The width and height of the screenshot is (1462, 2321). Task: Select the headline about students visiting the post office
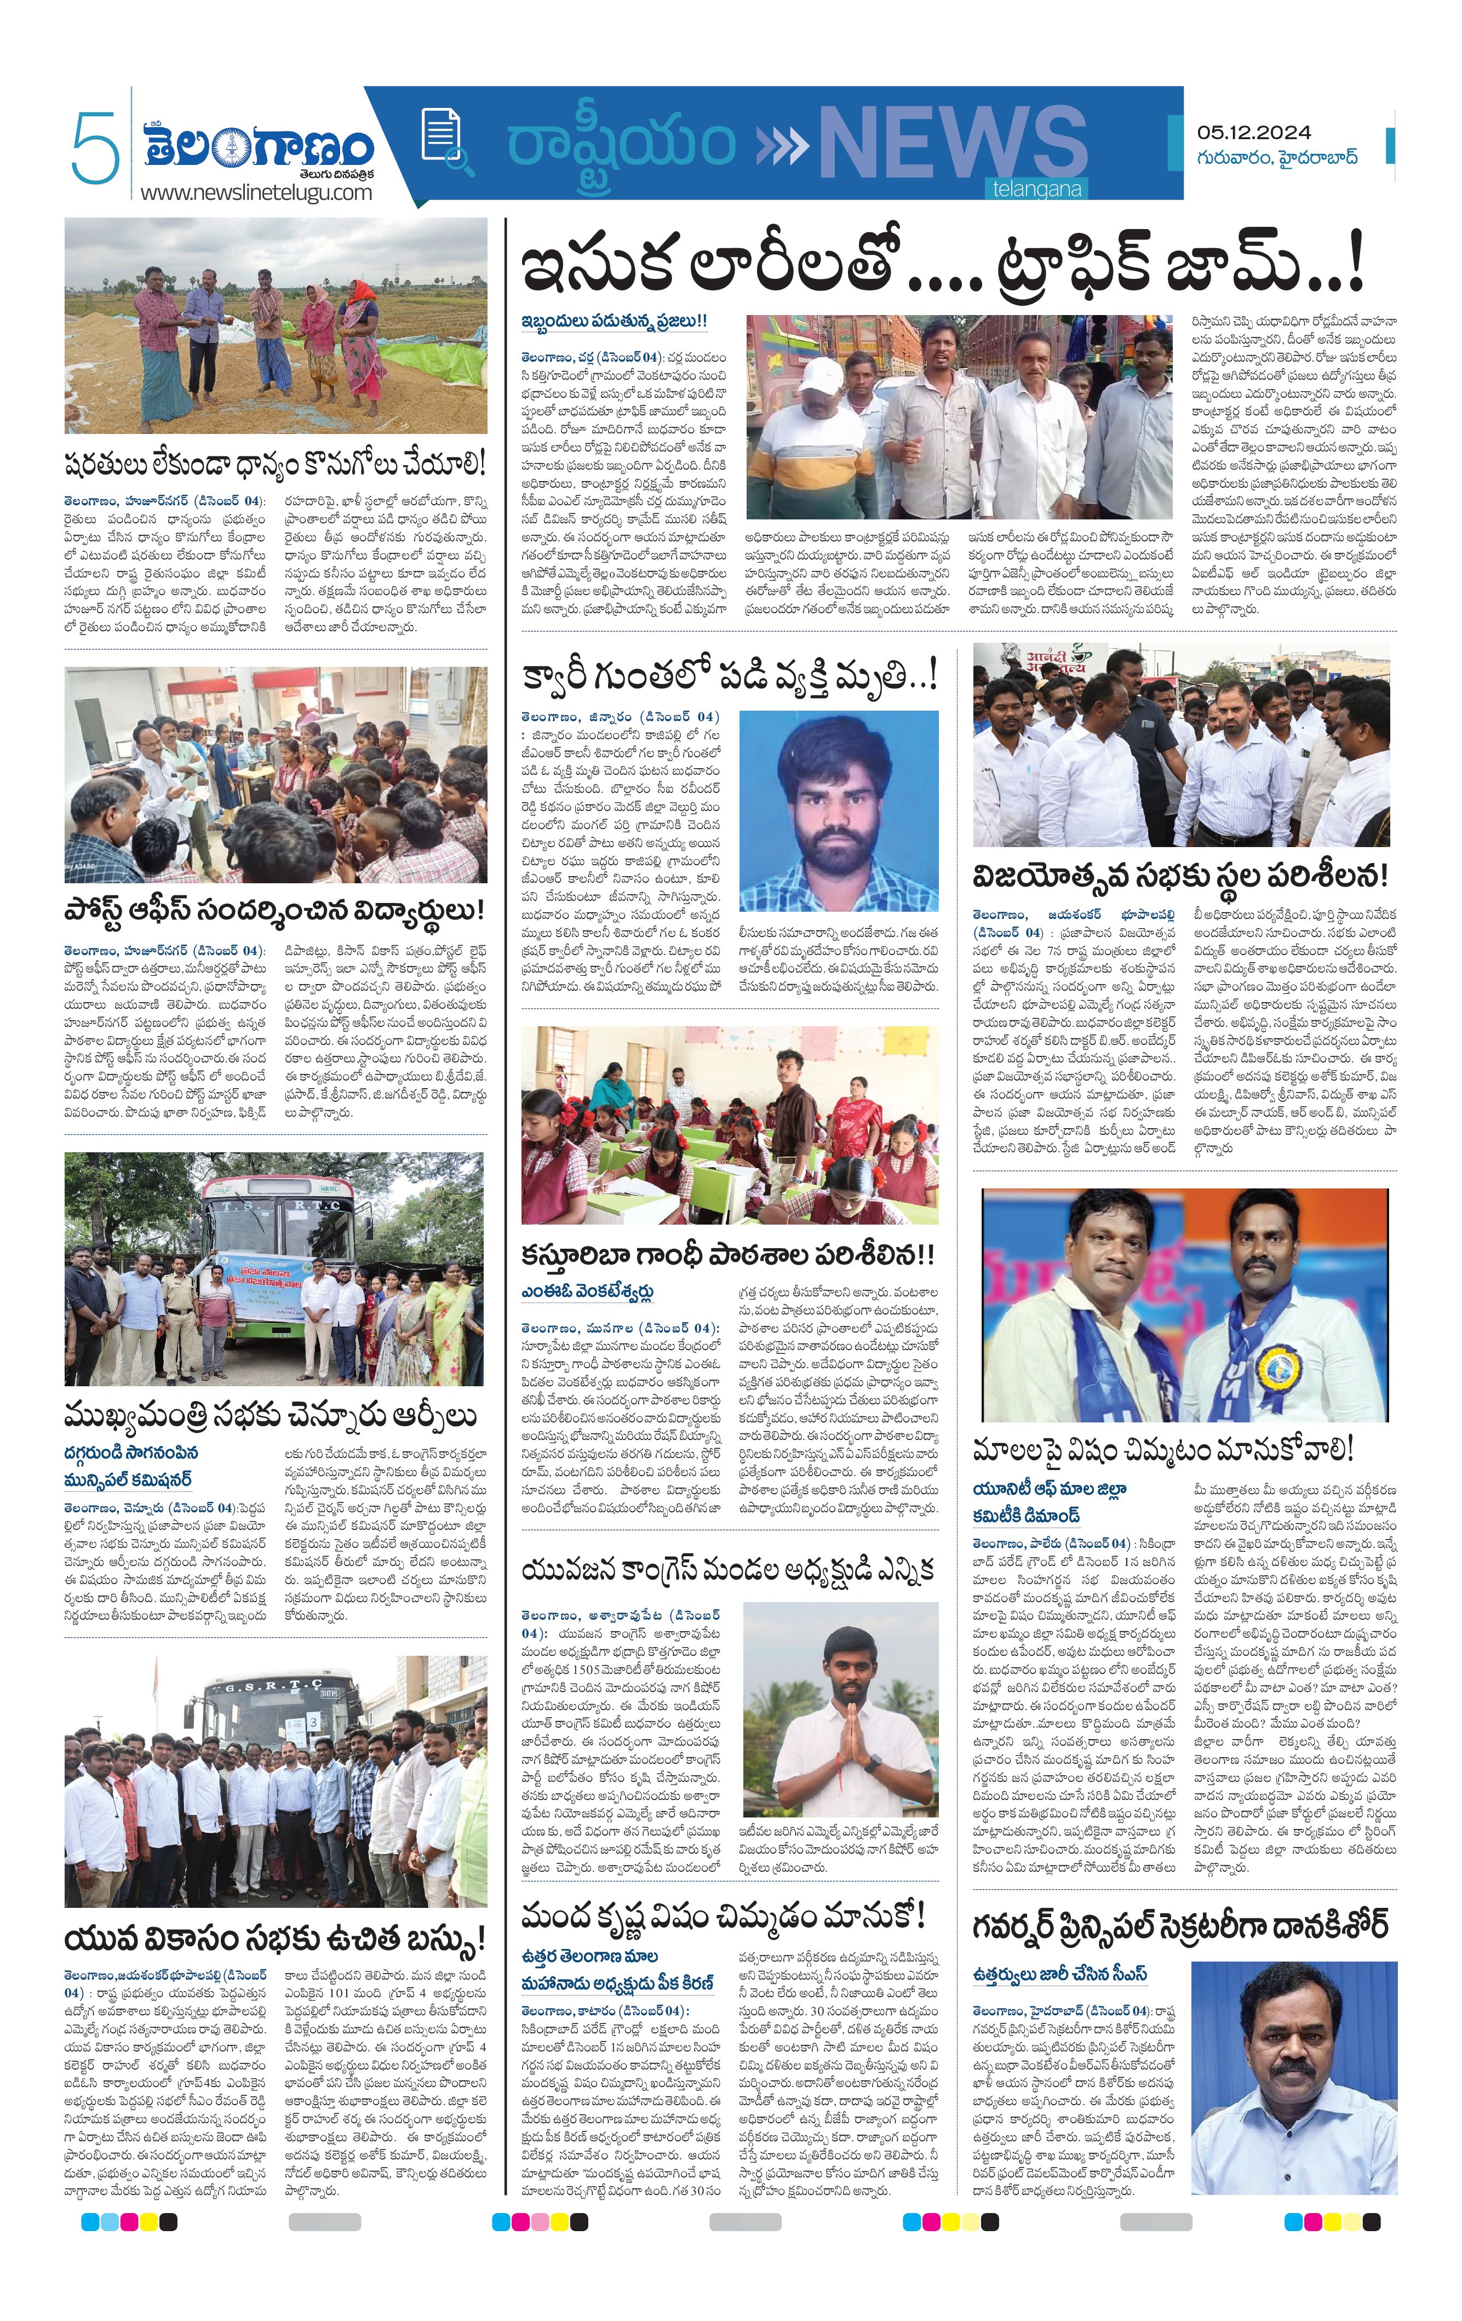[x=274, y=910]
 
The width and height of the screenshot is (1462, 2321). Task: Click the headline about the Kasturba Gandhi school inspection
[x=727, y=1255]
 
